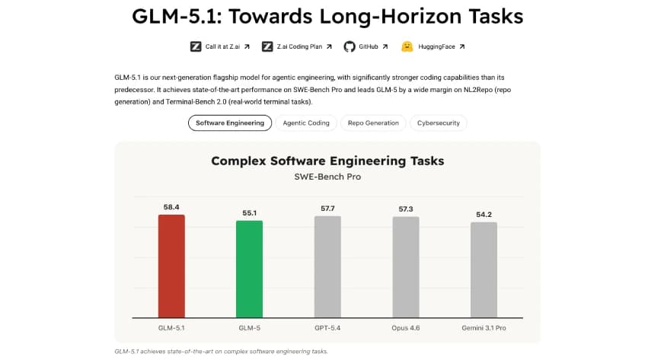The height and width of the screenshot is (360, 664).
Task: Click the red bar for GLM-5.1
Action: [171, 266]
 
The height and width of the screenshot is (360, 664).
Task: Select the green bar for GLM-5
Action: [249, 269]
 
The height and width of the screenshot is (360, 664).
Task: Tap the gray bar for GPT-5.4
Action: [327, 267]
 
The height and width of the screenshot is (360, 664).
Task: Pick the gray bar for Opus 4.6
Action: [405, 267]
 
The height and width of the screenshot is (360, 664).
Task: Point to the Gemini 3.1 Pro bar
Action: [484, 270]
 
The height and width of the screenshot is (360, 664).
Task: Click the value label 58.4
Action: [171, 207]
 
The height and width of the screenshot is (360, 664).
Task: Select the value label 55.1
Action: [249, 213]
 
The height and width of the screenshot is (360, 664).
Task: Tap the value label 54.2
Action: [484, 215]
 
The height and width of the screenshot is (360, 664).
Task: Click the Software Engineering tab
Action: [229, 123]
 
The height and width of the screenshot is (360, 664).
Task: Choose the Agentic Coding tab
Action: [306, 123]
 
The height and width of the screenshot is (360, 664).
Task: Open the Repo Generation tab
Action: [373, 123]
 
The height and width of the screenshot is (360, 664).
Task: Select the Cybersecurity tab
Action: [438, 123]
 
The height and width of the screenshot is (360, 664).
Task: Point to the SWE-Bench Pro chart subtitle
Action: [327, 177]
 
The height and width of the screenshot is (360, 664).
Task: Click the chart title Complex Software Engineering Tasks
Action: [327, 161]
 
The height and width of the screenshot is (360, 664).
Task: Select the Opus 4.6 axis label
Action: [405, 327]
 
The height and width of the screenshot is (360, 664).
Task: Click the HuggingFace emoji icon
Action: [407, 46]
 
